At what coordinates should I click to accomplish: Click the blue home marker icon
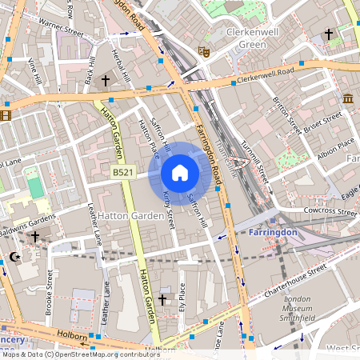(180, 172)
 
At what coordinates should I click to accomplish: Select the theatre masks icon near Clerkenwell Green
(204, 51)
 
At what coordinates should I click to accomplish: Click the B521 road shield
(122, 172)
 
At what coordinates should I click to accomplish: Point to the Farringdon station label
(273, 232)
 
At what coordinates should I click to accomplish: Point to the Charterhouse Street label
(296, 280)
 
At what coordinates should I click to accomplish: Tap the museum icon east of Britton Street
(348, 98)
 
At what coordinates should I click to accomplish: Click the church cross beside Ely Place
(162, 299)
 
